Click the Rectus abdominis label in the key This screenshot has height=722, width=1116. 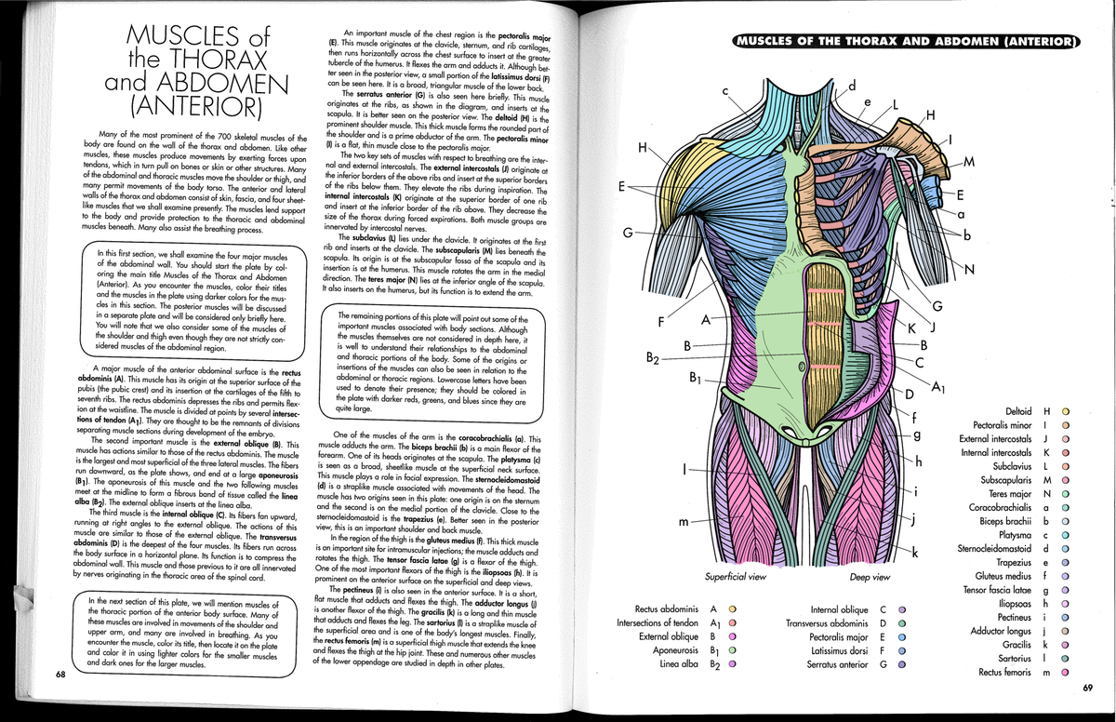(667, 609)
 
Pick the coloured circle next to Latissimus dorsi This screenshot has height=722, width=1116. (900, 650)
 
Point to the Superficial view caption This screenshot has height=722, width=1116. (735, 577)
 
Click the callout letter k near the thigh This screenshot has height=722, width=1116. (916, 554)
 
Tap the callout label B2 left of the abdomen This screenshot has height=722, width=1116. (653, 355)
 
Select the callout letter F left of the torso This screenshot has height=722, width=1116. (659, 323)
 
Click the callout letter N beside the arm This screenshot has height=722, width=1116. (970, 271)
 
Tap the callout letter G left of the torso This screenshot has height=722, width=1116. (628, 231)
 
